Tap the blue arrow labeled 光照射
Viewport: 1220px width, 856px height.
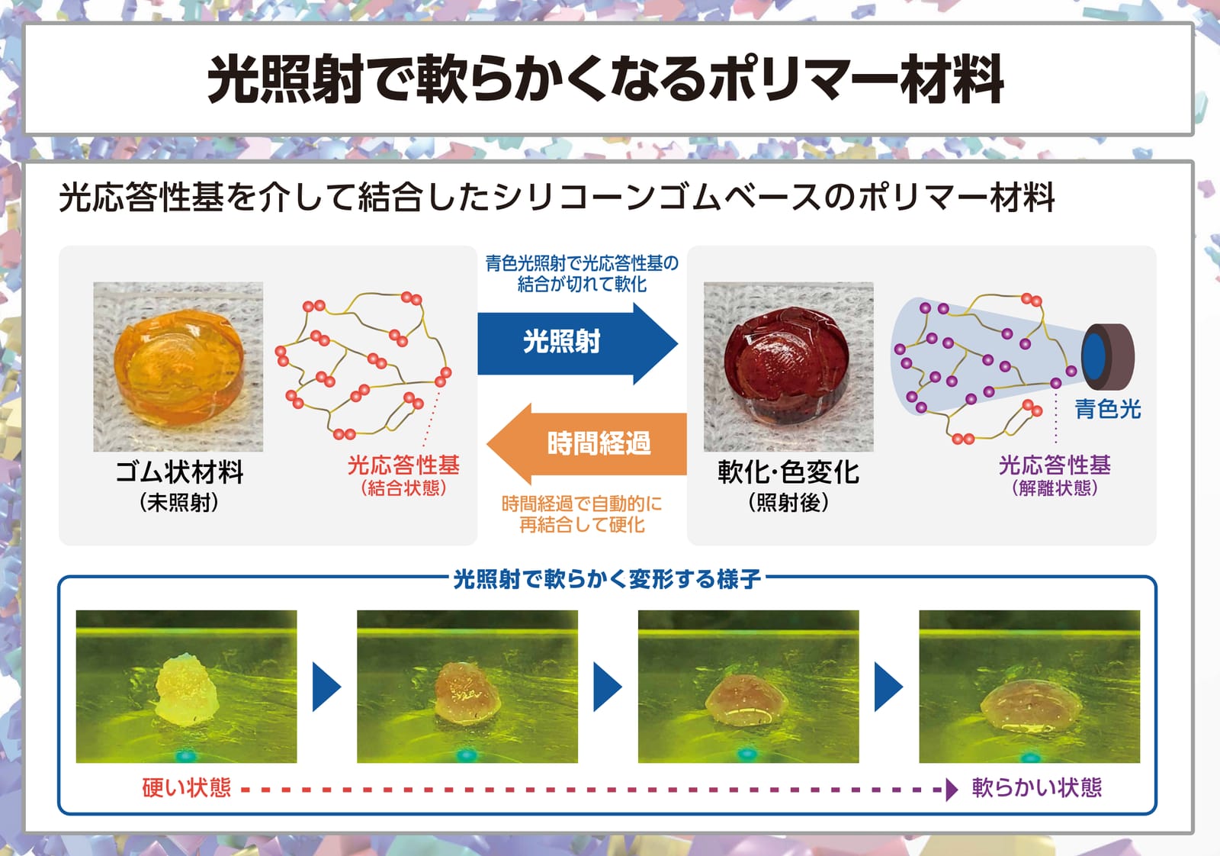[x=577, y=343]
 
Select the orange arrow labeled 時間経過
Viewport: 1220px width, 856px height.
[x=586, y=443]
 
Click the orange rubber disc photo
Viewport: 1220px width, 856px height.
[x=178, y=366]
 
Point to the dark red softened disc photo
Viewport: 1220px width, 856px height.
[x=788, y=366]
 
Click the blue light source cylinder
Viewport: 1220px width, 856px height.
[x=1109, y=356]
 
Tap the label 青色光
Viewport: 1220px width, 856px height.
[x=1107, y=409]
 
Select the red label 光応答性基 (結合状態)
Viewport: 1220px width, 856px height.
[x=403, y=475]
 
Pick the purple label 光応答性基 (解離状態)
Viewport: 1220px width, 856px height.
[x=1055, y=475]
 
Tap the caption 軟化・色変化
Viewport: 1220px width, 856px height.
[x=788, y=471]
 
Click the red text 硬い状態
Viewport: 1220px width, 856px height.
[x=186, y=788]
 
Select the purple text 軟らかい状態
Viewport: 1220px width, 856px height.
[x=1037, y=788]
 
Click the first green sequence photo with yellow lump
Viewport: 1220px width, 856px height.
[x=186, y=686]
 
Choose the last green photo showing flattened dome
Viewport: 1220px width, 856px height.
[x=1029, y=686]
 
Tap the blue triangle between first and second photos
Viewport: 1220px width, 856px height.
[x=326, y=687]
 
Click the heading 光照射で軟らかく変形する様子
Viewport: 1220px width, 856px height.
[x=607, y=578]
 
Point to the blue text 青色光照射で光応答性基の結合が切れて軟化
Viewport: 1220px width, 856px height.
[x=582, y=274]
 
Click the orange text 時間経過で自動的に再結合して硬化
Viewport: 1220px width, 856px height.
[x=582, y=513]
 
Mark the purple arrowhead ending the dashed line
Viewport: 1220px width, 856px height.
[x=952, y=790]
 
